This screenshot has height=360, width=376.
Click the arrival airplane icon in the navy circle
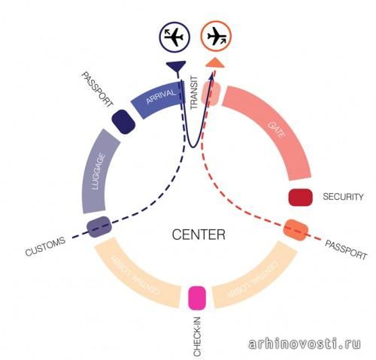pos(174,37)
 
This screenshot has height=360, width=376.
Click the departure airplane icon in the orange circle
pos(217,36)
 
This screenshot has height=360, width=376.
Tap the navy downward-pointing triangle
pos(176,66)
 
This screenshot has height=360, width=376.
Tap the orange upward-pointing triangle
pos(215,62)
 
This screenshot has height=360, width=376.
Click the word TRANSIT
pos(194,92)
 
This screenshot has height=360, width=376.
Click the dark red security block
pos(301,198)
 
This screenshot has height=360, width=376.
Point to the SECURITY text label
pos(343,197)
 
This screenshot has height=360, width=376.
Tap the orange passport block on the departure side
pos(296,230)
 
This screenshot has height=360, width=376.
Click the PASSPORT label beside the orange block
pos(346,250)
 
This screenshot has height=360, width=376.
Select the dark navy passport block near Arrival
pos(123,122)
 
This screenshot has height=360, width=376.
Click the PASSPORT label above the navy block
pos(98,89)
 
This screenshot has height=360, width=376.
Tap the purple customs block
pos(99,227)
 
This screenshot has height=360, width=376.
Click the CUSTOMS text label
pos(45,247)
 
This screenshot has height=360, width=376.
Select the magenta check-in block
pos(197,298)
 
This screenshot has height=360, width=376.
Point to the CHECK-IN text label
pos(197,337)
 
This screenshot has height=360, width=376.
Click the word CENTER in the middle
pos(199,235)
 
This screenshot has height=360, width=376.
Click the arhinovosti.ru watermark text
pos(305,343)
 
